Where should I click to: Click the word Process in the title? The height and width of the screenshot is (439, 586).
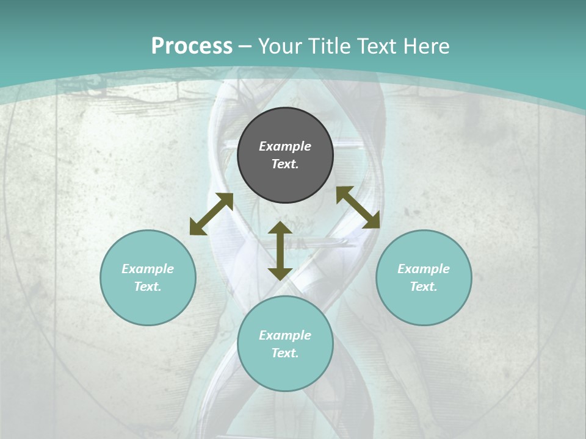(x=192, y=46)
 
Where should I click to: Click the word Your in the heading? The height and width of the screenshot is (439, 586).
(x=279, y=46)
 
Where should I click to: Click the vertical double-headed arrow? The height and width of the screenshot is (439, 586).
(x=280, y=251)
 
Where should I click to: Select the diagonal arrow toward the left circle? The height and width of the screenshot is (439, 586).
(x=211, y=214)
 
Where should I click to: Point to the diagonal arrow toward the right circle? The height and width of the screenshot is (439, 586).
(x=358, y=207)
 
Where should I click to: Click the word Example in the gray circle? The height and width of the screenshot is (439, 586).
(x=285, y=146)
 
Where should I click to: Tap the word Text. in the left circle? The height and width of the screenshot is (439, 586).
(x=148, y=287)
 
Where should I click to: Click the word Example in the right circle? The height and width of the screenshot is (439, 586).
(x=424, y=269)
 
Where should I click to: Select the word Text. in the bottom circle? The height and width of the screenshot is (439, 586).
(x=285, y=354)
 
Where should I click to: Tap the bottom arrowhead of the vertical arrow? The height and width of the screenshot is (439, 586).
(x=280, y=274)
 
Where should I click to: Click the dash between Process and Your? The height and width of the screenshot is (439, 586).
(x=245, y=47)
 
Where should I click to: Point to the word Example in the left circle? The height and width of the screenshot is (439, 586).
(x=148, y=269)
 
